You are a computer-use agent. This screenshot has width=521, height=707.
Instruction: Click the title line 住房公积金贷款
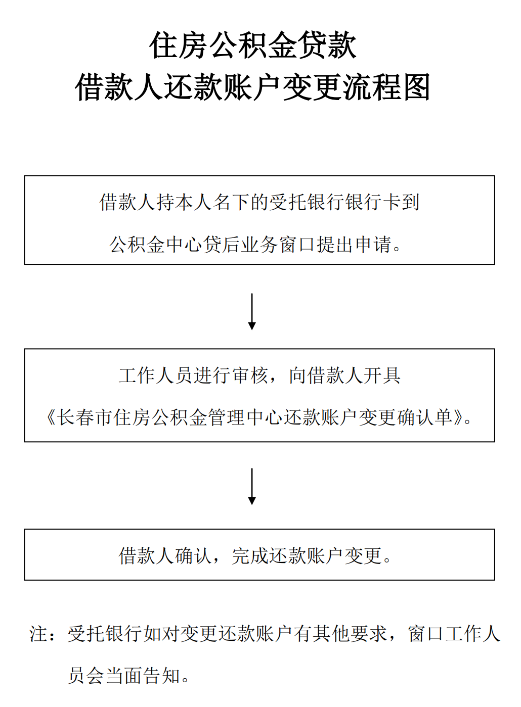pos(253,45)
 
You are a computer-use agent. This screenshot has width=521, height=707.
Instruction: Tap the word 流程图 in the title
pos(386,87)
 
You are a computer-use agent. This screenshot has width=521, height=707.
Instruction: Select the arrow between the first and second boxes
pos(252,311)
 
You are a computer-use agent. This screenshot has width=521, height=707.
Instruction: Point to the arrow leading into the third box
pos(252,486)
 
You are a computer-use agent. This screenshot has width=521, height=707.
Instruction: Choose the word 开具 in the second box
pos(382,375)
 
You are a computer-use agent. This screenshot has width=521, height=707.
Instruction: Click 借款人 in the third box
pos(146,555)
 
